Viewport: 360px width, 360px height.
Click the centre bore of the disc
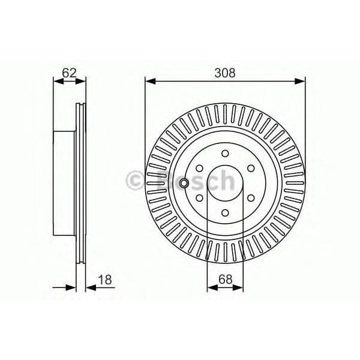pyautogui.click(x=225, y=182)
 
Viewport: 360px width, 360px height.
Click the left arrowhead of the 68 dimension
pyautogui.click(x=211, y=287)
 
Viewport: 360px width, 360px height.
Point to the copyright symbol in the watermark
pyautogui.click(x=133, y=179)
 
